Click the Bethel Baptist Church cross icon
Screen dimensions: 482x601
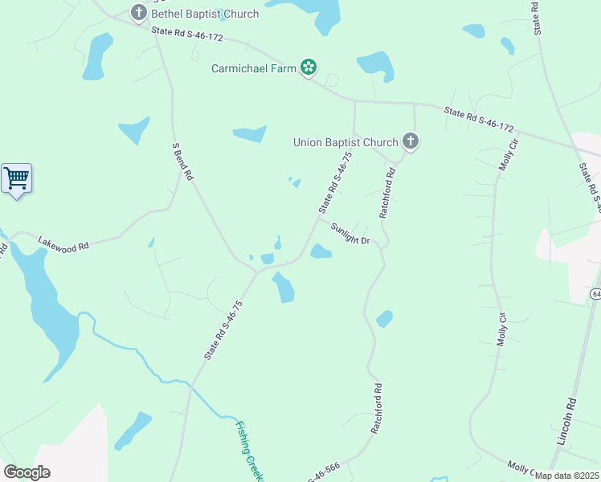click(x=139, y=13)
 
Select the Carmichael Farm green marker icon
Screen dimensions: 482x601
click(x=308, y=67)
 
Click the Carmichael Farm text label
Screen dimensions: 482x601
click(x=252, y=68)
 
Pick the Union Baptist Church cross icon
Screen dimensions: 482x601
click(x=411, y=142)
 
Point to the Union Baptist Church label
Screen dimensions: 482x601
click(x=345, y=143)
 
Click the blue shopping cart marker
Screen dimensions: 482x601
click(x=16, y=178)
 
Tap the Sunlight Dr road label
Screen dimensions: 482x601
click(x=350, y=235)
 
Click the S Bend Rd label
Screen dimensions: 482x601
click(x=183, y=161)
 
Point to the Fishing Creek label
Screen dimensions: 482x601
click(x=250, y=451)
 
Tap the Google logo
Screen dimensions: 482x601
click(x=27, y=472)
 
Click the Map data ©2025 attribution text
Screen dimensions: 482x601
click(x=566, y=476)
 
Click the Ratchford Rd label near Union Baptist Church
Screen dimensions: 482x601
click(x=387, y=193)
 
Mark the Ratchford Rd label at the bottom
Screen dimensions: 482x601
click(x=375, y=408)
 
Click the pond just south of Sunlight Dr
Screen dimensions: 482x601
click(x=321, y=252)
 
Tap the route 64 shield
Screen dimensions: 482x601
click(x=596, y=295)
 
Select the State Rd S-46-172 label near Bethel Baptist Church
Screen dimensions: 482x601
click(x=186, y=34)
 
